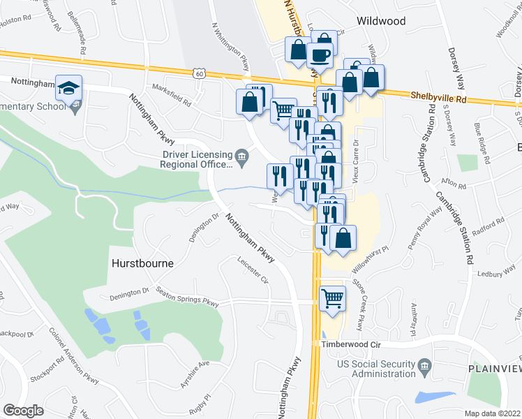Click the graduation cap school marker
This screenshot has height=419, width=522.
tap(69, 88)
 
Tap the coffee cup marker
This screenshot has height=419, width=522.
tap(320, 55)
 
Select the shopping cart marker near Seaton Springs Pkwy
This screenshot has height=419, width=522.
tap(333, 298)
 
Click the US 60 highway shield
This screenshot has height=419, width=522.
tap(200, 73)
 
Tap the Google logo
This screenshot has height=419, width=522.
tap(23, 411)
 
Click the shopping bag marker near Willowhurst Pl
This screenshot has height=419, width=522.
tap(343, 237)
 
